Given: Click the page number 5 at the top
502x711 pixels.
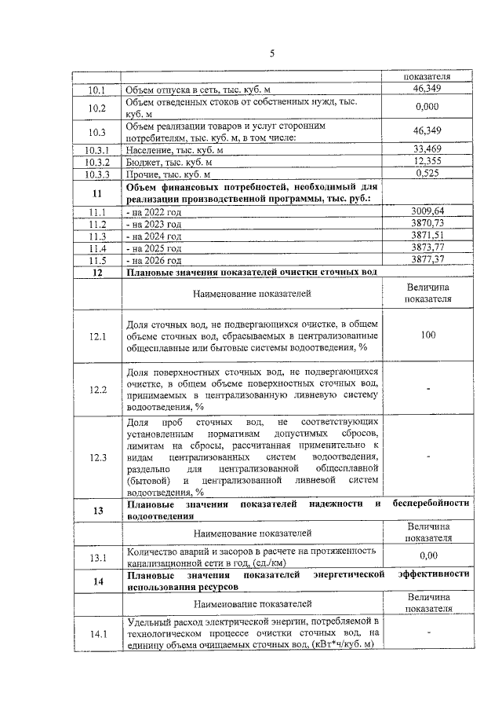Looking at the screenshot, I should click(x=272, y=53).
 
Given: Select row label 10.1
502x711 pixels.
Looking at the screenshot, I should click(x=98, y=92).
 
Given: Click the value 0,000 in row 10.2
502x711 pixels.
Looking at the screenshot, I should click(x=427, y=107).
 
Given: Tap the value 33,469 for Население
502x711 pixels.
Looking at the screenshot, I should click(x=427, y=148).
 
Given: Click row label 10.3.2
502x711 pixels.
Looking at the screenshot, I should click(x=98, y=161).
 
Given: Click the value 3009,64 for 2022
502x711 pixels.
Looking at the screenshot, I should click(x=427, y=211).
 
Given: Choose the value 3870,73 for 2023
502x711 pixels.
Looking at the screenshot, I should click(x=427, y=223).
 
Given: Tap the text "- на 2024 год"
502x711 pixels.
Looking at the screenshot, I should click(x=155, y=236).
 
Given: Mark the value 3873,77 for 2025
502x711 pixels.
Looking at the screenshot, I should click(x=427, y=247).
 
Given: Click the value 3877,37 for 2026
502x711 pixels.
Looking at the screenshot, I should click(x=427, y=259).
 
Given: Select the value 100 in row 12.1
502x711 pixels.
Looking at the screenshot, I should click(x=427, y=335).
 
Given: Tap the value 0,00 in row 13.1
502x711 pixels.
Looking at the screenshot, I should click(x=427, y=555).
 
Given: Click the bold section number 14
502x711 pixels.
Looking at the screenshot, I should click(x=98, y=581).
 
